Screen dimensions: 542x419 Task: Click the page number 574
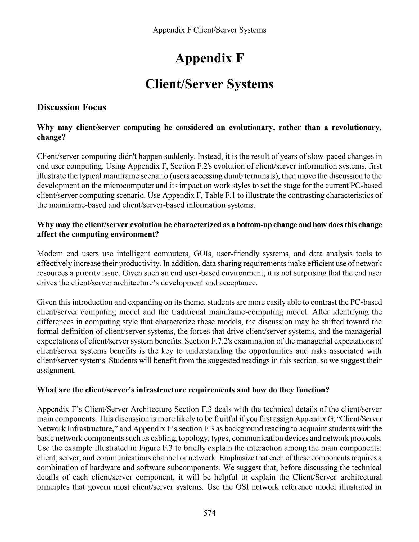pos(209,513)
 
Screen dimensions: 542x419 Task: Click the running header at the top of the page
pos(209,30)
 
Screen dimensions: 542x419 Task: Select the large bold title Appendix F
pos(209,58)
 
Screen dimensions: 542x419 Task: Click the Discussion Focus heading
pos(71,107)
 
